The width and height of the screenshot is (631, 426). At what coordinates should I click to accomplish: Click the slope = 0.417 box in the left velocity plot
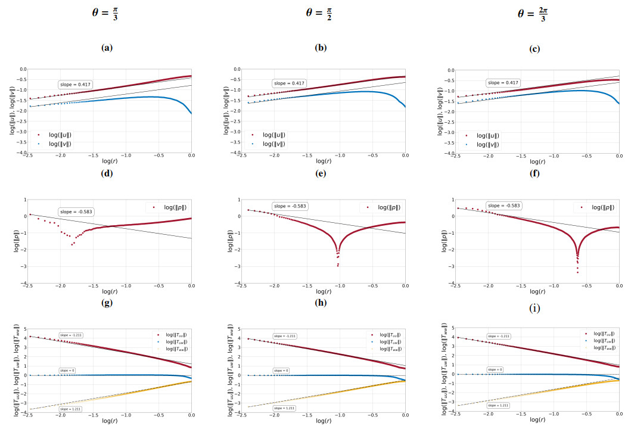click(x=74, y=85)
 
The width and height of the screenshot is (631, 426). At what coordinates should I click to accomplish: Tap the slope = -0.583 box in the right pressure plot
click(x=503, y=206)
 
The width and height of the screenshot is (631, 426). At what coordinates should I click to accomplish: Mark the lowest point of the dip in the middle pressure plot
click(x=337, y=265)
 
